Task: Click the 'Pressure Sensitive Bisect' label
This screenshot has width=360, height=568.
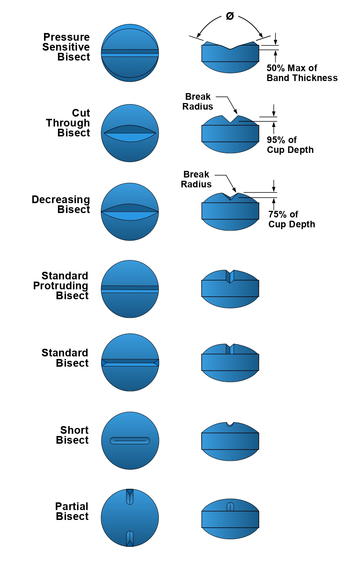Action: [66, 47]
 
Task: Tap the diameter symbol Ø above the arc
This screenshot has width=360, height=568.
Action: [230, 16]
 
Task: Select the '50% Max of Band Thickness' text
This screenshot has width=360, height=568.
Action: [302, 73]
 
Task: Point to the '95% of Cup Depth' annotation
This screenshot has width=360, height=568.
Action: [290, 145]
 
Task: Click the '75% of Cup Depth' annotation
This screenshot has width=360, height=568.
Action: [291, 219]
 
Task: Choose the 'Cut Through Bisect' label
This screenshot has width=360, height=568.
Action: [68, 123]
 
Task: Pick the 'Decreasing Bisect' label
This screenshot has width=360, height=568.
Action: [61, 204]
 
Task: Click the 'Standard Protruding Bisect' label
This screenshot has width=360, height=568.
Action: [61, 286]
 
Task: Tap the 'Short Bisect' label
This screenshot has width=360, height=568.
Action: [72, 435]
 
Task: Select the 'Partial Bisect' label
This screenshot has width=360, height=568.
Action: [72, 511]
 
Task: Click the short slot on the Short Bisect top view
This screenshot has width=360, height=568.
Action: [130, 440]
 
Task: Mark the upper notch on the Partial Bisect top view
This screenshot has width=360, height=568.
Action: [130, 496]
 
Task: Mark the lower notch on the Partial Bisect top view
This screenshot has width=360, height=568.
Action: [130, 539]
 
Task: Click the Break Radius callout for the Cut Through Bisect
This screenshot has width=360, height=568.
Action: [198, 102]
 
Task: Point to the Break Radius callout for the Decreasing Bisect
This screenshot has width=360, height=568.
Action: [196, 179]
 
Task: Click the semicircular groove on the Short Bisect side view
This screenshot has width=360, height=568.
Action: [230, 424]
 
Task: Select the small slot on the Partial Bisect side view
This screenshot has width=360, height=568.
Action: [230, 507]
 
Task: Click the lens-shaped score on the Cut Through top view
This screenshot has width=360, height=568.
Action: [130, 133]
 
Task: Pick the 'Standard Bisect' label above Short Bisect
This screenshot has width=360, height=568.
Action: [65, 358]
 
